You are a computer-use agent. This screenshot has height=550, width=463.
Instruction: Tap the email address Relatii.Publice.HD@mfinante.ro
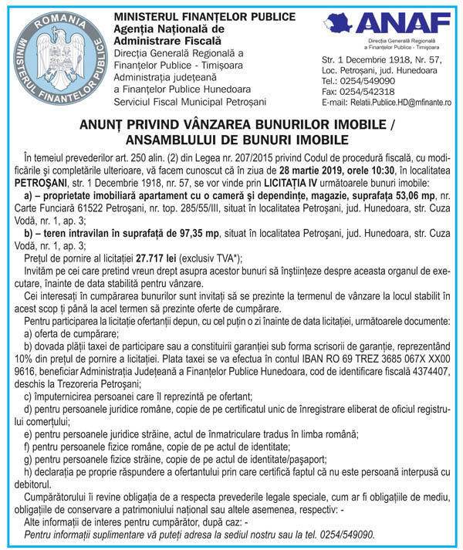coord(386,102)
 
